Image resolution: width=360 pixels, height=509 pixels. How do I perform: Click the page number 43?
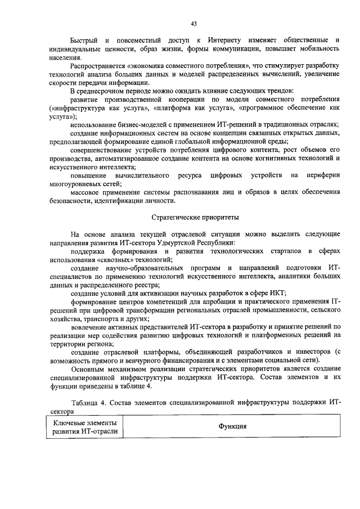193,23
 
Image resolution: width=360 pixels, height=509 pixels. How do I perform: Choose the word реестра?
146,283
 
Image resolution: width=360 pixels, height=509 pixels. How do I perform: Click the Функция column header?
233,426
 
